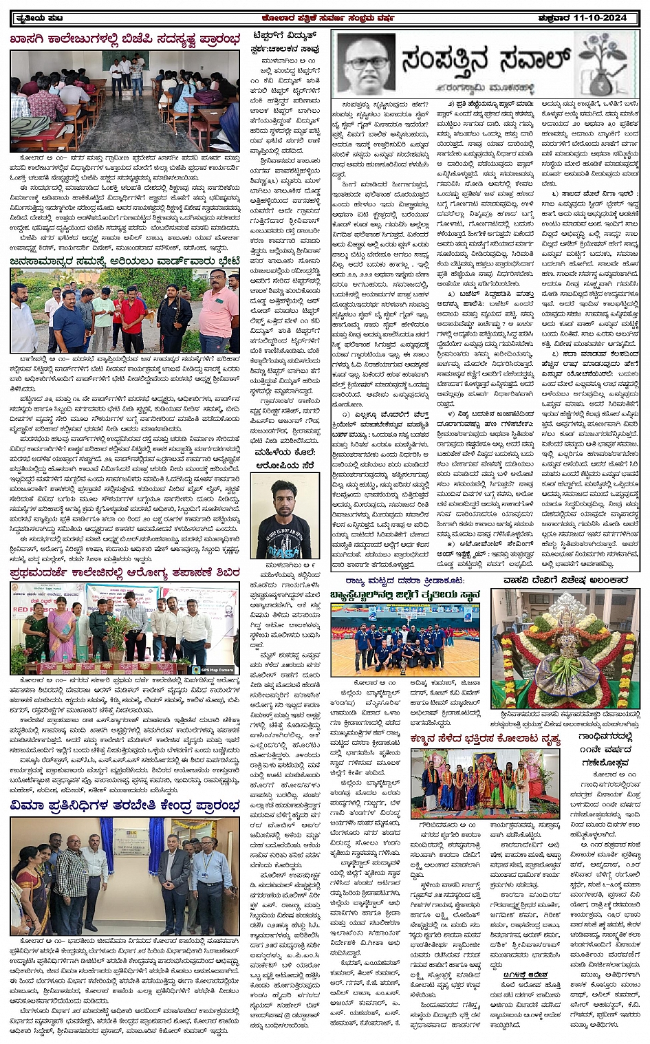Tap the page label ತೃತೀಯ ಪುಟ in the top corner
pos(35,17)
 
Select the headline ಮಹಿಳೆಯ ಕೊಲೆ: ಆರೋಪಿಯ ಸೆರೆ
pos(285,459)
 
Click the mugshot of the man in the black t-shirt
pos(285,516)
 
